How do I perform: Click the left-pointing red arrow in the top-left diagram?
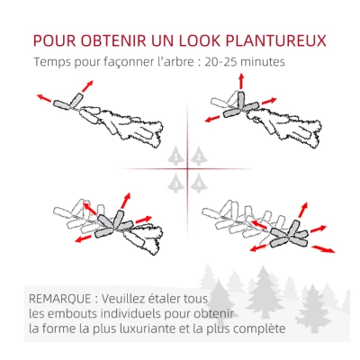point(43,96)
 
